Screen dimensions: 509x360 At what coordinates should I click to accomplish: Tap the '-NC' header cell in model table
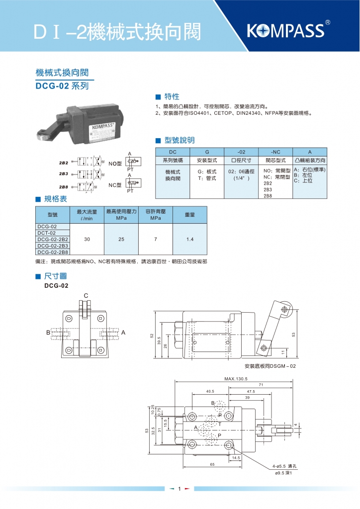point(275,152)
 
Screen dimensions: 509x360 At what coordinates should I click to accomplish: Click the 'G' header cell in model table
point(207,152)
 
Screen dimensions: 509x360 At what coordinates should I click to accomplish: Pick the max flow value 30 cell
point(87,239)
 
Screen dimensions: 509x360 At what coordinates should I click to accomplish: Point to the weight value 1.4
point(189,239)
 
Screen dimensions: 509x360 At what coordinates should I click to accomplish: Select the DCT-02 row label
point(47,233)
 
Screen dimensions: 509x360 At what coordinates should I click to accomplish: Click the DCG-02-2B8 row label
point(52,252)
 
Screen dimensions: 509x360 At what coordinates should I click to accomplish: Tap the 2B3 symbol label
point(64,174)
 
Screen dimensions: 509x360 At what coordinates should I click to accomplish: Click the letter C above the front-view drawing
point(86,296)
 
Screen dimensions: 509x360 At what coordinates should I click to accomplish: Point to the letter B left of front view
point(49,332)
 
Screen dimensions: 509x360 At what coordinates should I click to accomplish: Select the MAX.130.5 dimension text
point(236,379)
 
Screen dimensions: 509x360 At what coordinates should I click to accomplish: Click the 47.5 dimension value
point(250,391)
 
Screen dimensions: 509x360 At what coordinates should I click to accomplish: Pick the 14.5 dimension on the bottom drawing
point(236,458)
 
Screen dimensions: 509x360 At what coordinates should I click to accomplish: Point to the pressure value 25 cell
point(121,239)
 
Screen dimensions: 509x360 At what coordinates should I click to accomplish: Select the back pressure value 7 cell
point(155,239)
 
